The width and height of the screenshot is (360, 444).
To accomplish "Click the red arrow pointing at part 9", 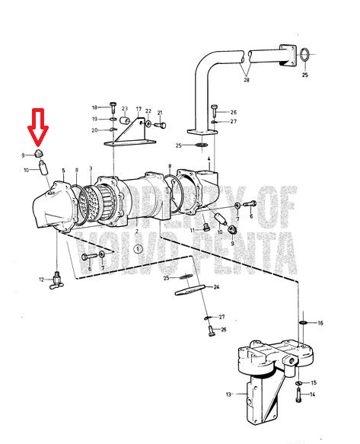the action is click(x=38, y=128).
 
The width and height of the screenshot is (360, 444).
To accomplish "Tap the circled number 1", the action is click(x=138, y=249).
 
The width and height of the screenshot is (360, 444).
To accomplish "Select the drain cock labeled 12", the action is click(x=57, y=280).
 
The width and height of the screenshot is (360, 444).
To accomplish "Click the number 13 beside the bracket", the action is click(x=228, y=394).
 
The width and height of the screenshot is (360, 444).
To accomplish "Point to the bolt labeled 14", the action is click(x=298, y=394).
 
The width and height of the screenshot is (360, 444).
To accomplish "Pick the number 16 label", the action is click(x=320, y=323).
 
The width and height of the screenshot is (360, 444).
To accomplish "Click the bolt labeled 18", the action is click(x=113, y=107).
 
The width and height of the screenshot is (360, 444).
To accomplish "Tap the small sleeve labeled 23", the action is click(x=125, y=120).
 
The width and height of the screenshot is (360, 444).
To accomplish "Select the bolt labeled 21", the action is click(x=161, y=125).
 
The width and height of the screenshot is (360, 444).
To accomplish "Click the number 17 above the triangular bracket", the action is click(x=139, y=109).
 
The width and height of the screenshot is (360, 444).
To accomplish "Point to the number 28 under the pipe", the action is click(x=247, y=80).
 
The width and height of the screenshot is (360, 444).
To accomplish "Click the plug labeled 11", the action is click(x=206, y=227).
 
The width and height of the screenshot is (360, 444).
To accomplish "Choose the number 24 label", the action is click(x=216, y=287).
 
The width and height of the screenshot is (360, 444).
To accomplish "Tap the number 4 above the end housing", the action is click(x=209, y=159).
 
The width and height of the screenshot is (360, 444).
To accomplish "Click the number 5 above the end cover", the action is click(x=63, y=171).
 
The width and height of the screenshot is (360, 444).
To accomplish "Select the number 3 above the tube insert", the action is click(x=91, y=169).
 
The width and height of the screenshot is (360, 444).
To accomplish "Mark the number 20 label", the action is click(x=94, y=130).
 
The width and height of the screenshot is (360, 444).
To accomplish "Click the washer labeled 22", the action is click(x=148, y=123).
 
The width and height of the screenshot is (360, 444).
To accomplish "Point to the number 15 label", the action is click(x=314, y=383).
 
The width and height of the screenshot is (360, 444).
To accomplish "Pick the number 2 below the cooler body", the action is click(x=137, y=232).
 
